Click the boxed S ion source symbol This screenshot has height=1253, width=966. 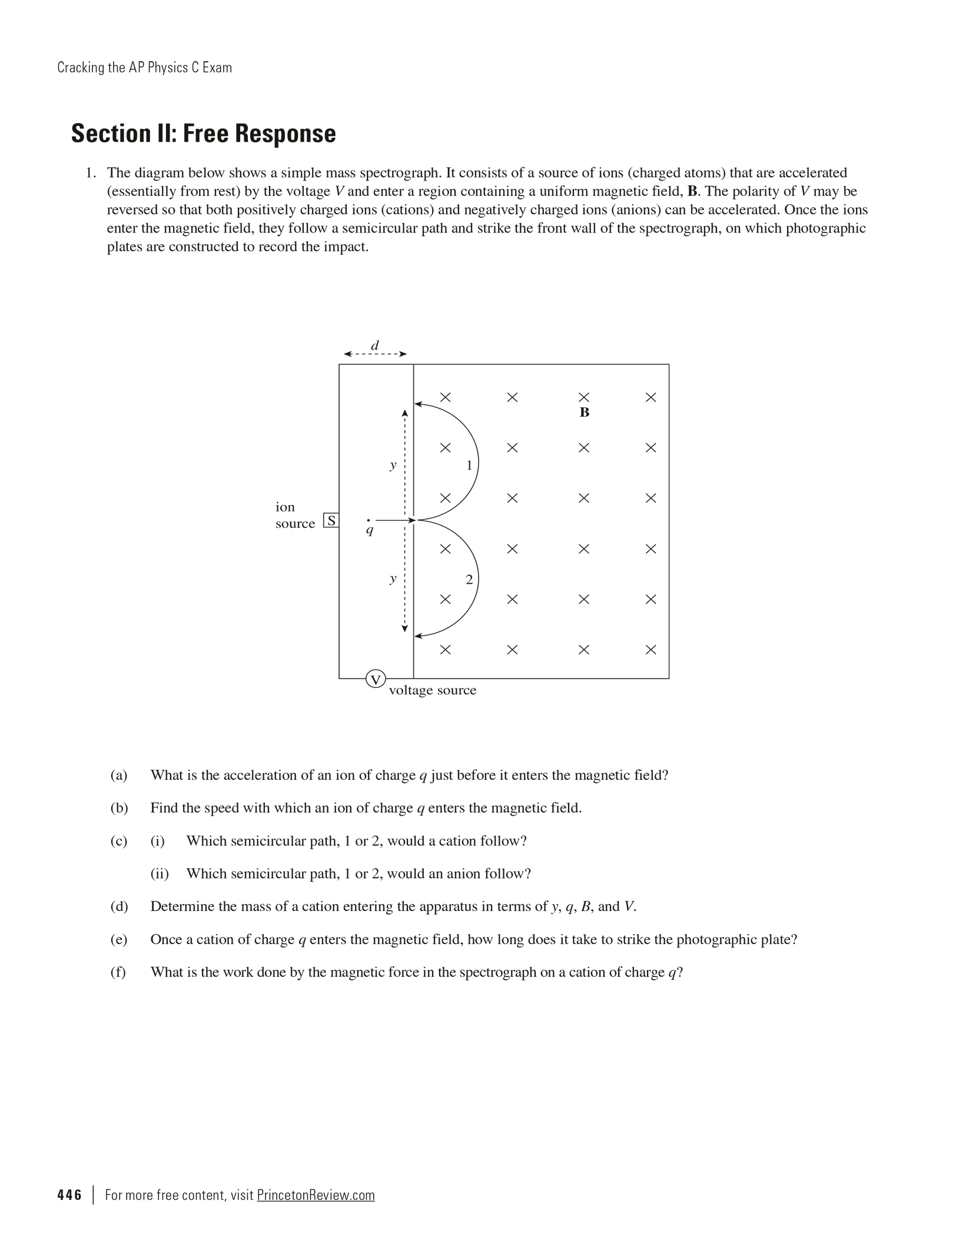(331, 521)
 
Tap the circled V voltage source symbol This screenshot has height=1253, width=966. (376, 679)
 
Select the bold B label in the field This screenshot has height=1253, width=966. (584, 413)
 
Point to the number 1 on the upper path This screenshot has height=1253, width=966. (469, 466)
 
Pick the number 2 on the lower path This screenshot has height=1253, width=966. (469, 580)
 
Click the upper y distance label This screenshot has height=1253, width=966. (393, 465)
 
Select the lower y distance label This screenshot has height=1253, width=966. (393, 579)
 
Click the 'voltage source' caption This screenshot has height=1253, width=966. (433, 690)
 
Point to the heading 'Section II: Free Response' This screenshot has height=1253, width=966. (204, 134)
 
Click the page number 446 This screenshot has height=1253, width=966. (69, 1195)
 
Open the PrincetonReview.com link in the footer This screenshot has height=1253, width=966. (316, 1195)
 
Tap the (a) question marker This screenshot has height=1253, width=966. (119, 775)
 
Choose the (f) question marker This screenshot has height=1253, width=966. (118, 972)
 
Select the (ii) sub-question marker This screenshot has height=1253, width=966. (160, 873)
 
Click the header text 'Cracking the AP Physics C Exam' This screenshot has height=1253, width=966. (145, 68)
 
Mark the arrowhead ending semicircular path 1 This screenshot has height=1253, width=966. (418, 404)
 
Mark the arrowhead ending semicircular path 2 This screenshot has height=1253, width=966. (418, 636)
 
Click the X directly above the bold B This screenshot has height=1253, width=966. (584, 397)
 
